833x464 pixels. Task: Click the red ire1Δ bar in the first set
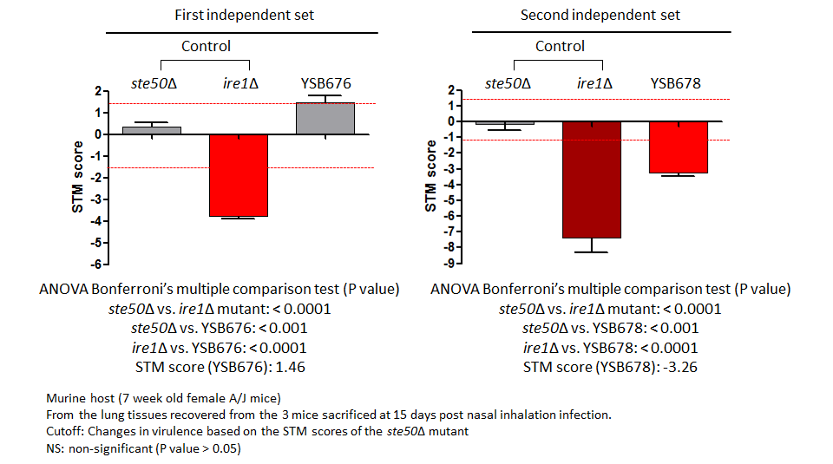(239, 175)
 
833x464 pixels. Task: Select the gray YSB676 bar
(325, 119)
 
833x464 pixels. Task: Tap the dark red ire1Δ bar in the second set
(592, 180)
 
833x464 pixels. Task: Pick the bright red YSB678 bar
(679, 147)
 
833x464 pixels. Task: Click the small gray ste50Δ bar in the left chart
(152, 131)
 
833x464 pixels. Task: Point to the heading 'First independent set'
(245, 15)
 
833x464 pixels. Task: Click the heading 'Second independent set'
(600, 15)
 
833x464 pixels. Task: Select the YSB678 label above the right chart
(676, 83)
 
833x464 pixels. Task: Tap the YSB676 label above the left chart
(326, 83)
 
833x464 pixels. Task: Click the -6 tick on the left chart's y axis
(96, 265)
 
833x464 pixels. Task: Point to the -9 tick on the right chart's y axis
(449, 263)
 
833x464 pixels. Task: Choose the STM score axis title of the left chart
(77, 177)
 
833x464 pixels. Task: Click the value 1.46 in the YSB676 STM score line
(290, 368)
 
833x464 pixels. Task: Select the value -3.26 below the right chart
(680, 368)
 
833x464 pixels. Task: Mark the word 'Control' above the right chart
(560, 46)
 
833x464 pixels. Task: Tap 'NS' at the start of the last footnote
(54, 448)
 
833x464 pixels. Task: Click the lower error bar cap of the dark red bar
(592, 252)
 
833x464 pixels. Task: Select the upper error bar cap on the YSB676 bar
(325, 95)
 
